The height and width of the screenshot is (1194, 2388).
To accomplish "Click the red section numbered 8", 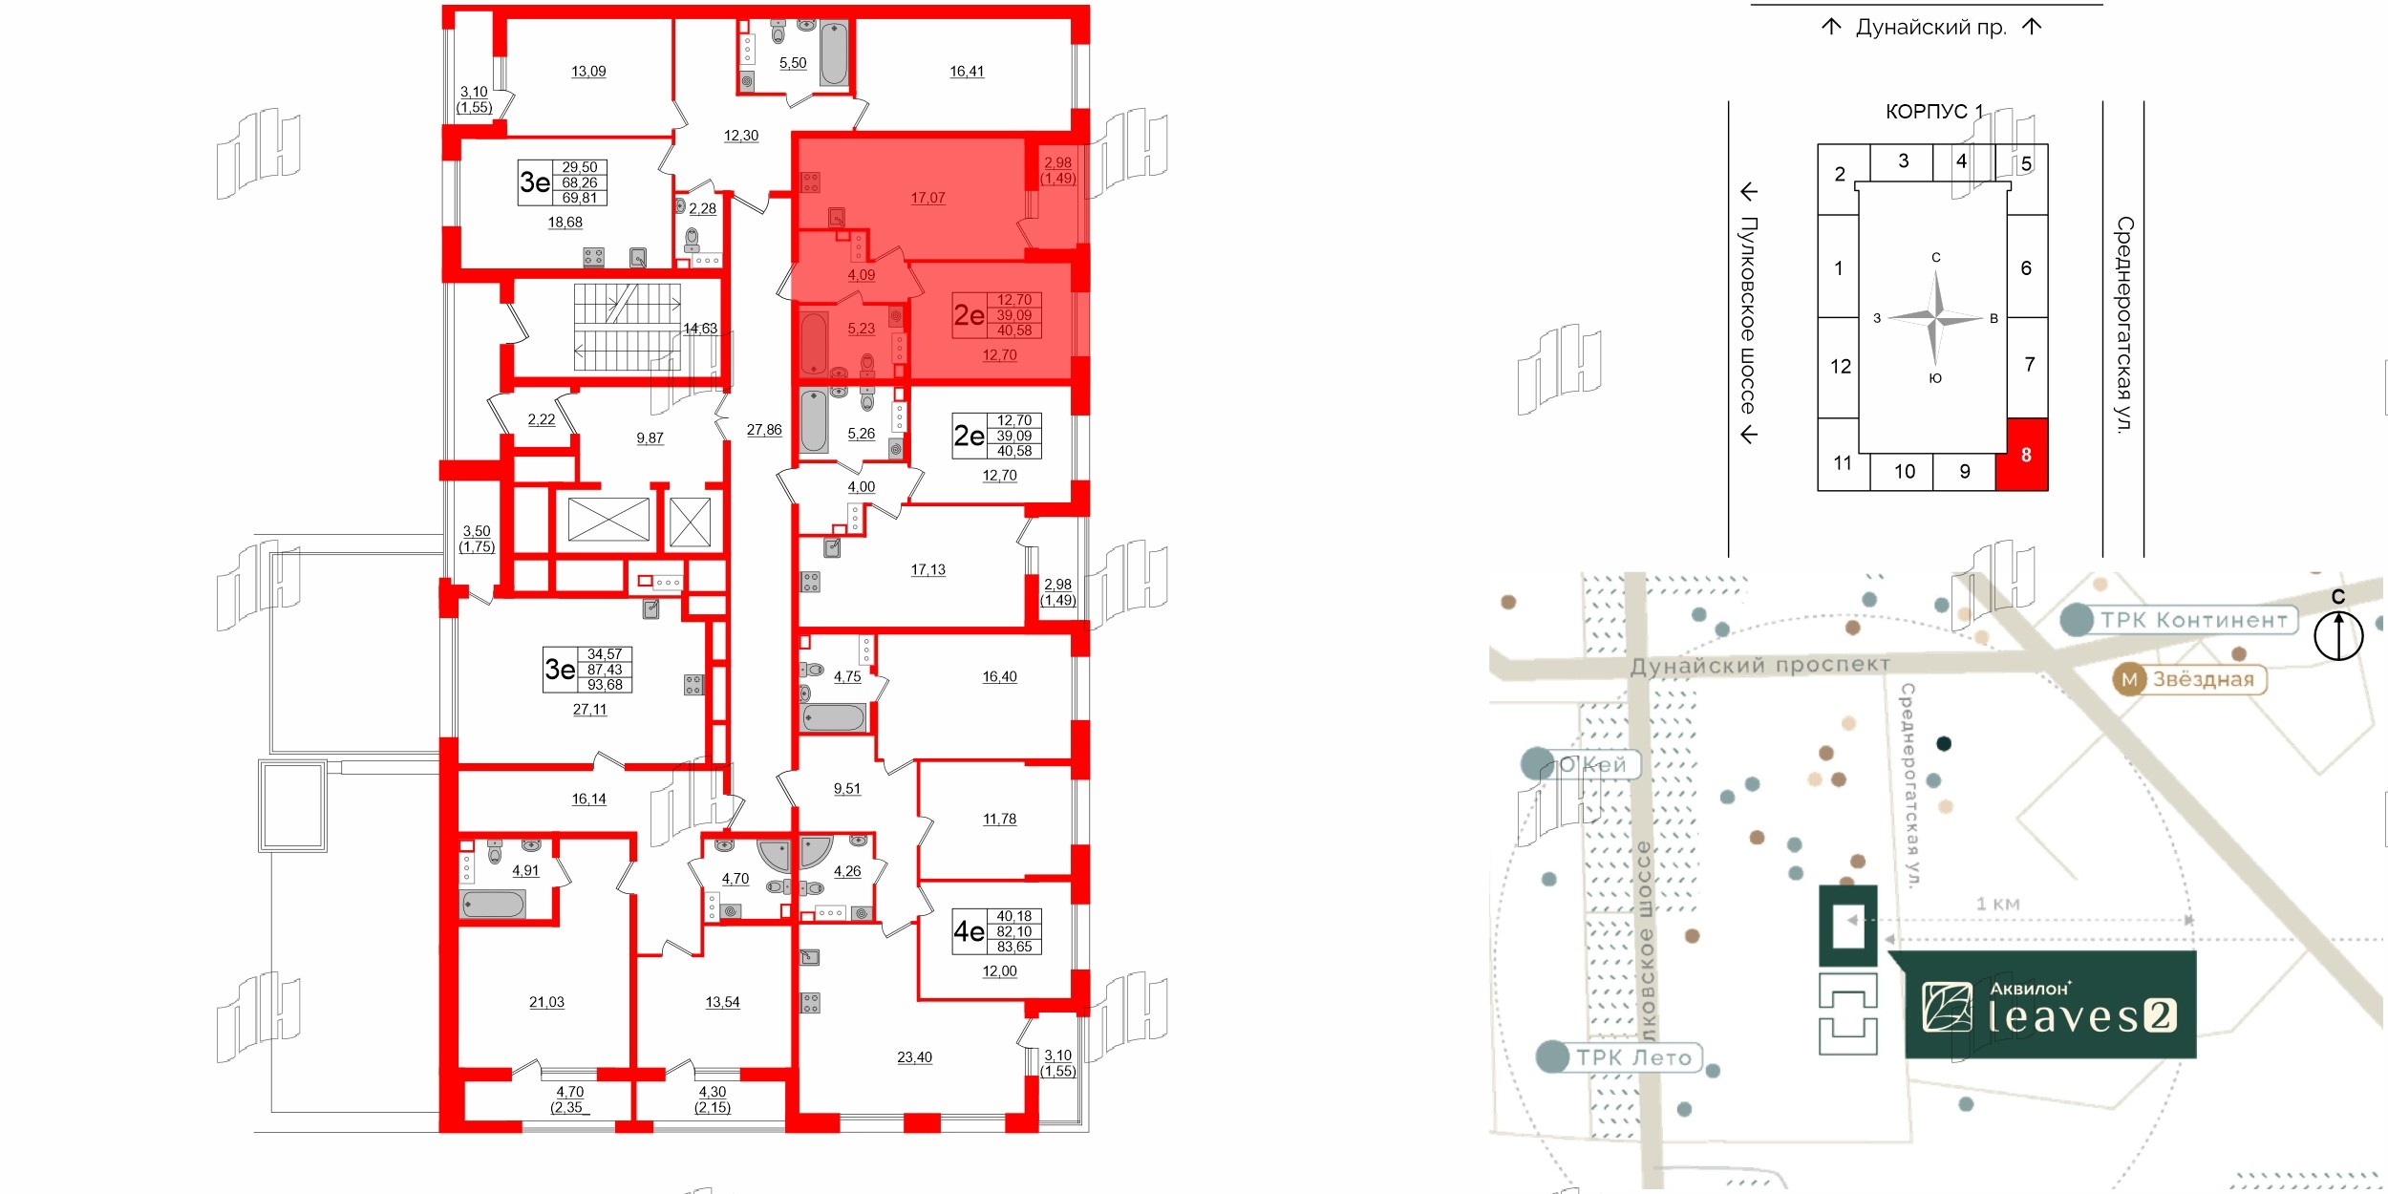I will [x=2024, y=456].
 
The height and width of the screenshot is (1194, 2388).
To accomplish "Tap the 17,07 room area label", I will [x=927, y=199].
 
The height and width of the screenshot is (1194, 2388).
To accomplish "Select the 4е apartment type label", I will [x=969, y=931].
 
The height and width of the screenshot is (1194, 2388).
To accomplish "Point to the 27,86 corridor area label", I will [x=764, y=431].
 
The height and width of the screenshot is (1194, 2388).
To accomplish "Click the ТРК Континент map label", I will [x=2193, y=621].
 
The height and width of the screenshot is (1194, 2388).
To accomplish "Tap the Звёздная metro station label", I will [x=2202, y=680].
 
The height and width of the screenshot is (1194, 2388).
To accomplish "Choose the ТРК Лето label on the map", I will [x=1632, y=1057].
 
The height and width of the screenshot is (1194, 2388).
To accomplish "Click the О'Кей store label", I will [x=1591, y=765].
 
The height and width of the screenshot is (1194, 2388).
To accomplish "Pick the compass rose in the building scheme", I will [x=1935, y=317].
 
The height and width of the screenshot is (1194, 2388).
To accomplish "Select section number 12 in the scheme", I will [x=1841, y=367].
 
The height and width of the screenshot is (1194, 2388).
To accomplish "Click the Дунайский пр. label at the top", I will [x=1930, y=28].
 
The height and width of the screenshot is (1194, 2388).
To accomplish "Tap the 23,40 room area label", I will [x=914, y=1057].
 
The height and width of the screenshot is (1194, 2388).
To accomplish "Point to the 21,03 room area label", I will [x=546, y=1002].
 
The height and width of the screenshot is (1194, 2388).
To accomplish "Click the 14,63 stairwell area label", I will [x=699, y=329].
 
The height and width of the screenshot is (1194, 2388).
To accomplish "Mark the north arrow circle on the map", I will [x=2337, y=635].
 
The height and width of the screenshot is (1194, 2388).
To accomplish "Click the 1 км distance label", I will [x=1997, y=904].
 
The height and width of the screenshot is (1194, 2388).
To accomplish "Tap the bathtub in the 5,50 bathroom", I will [x=833, y=53].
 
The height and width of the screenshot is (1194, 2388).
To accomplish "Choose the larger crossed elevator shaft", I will [x=608, y=521].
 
